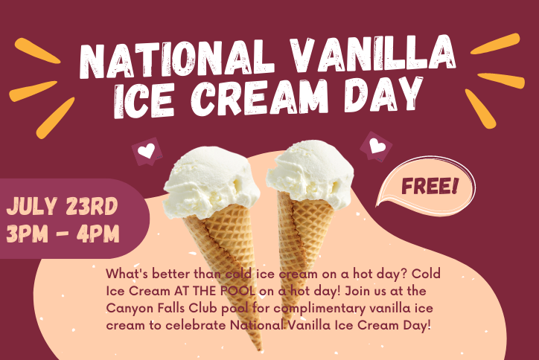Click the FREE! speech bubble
(x=427, y=186)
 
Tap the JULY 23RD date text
(x=62, y=206)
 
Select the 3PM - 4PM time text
(x=63, y=234)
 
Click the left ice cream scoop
(x=211, y=181)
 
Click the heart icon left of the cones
(x=147, y=152)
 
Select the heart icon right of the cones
(x=377, y=146)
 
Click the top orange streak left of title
(x=37, y=51)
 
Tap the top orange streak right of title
(x=495, y=44)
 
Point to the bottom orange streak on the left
(x=55, y=118)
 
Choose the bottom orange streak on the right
(x=481, y=109)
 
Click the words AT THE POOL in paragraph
(x=214, y=291)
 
